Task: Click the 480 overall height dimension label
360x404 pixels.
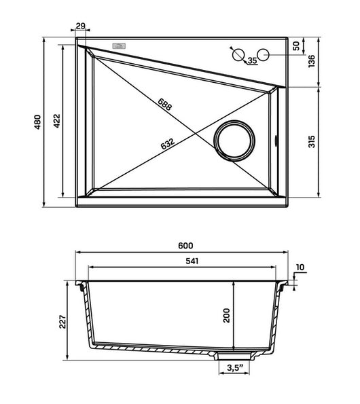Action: (38, 122)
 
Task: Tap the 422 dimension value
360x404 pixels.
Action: (56, 121)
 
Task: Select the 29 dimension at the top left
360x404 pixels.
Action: (81, 26)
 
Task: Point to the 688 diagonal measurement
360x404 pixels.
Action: (164, 105)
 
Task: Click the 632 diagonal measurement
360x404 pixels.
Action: (168, 144)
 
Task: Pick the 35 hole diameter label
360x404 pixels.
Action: (252, 60)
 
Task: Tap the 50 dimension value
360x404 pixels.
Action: (297, 46)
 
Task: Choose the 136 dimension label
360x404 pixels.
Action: (312, 61)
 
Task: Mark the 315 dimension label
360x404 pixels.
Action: (312, 141)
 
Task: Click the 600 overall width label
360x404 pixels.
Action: (185, 246)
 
